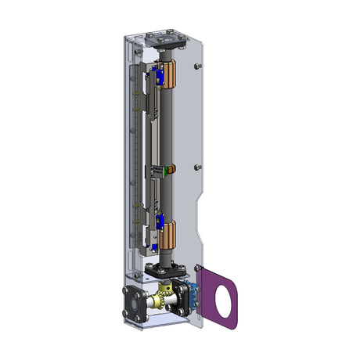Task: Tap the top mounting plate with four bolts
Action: tap(167, 38)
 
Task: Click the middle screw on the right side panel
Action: tap(200, 167)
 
